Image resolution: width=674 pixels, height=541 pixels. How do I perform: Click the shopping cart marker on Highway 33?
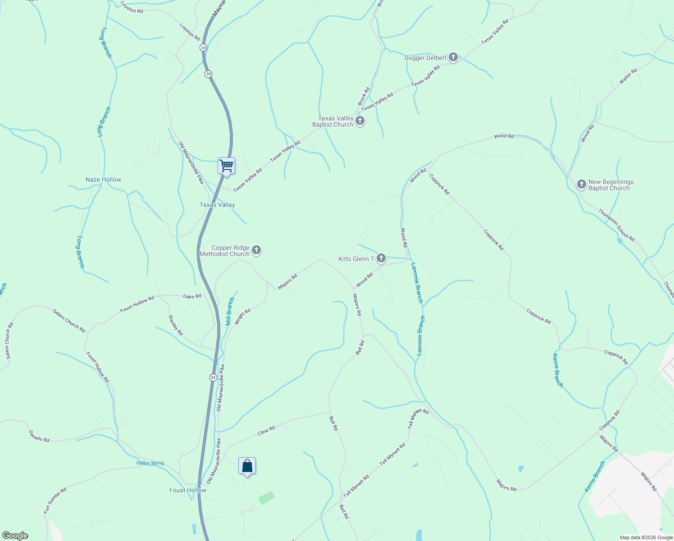click(226, 166)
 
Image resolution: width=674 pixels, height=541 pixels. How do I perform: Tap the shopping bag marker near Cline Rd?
click(247, 466)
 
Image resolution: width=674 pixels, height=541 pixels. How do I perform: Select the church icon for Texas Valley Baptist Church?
click(360, 121)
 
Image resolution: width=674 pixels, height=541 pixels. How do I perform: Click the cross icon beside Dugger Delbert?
click(453, 58)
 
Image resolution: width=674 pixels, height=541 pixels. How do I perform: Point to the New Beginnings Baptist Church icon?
click(582, 185)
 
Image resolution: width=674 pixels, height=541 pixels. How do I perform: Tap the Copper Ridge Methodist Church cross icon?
click(256, 250)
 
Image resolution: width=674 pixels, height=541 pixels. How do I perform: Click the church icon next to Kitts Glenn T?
click(381, 258)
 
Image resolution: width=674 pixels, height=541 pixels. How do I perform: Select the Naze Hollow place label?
click(103, 179)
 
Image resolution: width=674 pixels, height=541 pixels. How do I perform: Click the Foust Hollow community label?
click(188, 490)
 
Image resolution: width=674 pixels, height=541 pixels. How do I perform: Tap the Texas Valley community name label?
click(217, 205)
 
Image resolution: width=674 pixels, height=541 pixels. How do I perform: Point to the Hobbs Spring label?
click(150, 463)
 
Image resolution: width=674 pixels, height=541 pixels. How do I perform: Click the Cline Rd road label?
click(266, 431)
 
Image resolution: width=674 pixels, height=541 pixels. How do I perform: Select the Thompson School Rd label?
click(616, 225)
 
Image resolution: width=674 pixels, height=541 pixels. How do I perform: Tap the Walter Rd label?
click(628, 76)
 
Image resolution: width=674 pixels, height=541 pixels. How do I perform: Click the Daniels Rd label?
click(39, 436)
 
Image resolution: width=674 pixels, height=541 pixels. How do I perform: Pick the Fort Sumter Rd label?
click(55, 500)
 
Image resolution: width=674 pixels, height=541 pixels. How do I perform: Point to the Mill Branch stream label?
click(230, 311)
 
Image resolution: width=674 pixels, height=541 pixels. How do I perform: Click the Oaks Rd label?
click(192, 296)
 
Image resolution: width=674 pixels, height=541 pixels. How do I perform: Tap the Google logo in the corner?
click(15, 536)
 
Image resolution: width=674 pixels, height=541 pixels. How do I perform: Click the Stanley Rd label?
click(176, 325)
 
